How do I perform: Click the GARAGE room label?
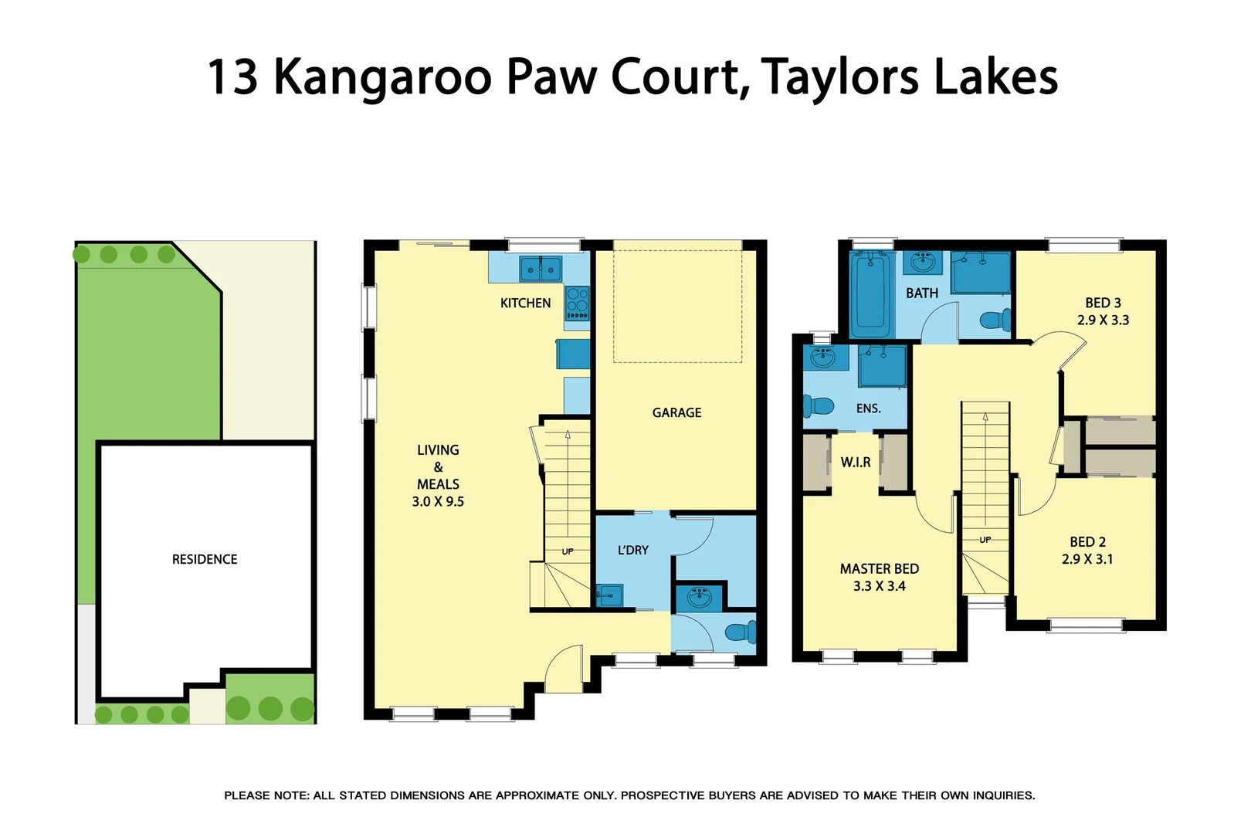click(676, 412)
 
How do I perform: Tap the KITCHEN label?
click(525, 303)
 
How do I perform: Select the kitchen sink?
click(540, 270)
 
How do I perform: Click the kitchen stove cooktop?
click(577, 303)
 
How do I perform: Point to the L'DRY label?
click(632, 550)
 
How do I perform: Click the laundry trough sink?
click(609, 595)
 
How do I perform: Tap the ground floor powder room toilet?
click(741, 632)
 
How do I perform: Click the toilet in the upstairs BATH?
click(995, 320)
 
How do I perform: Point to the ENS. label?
click(868, 409)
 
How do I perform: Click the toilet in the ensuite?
click(819, 405)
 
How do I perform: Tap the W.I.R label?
click(855, 462)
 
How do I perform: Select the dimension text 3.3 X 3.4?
click(879, 586)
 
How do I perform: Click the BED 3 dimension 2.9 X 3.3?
click(1103, 320)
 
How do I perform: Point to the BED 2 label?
click(1087, 542)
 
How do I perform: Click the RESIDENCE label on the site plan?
click(205, 559)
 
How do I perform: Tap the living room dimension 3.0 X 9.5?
click(438, 501)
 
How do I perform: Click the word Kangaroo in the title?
click(382, 77)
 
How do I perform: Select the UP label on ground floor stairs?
click(568, 551)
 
